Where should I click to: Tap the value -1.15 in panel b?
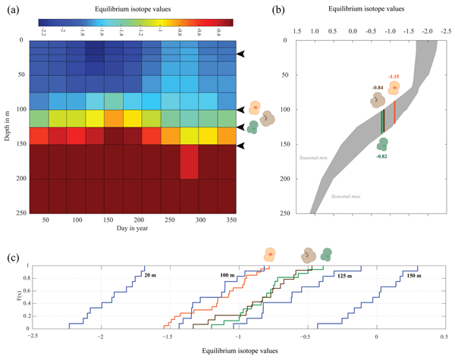click(x=393, y=77)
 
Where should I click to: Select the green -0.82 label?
click(x=381, y=155)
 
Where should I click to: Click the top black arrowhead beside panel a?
click(x=241, y=55)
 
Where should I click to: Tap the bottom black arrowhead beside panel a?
click(x=241, y=146)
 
